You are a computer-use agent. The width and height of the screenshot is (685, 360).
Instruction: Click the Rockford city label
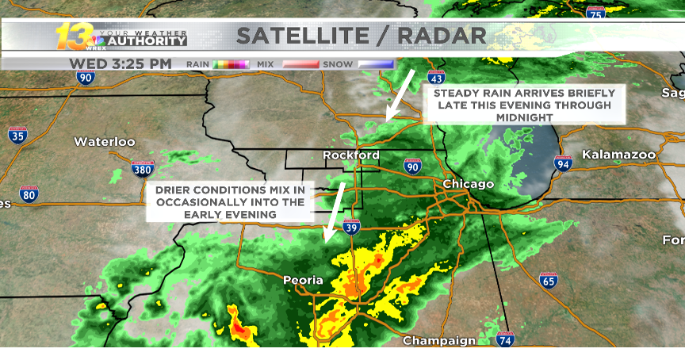click(x=351, y=155)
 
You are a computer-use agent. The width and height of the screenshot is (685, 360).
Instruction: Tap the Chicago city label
click(x=468, y=184)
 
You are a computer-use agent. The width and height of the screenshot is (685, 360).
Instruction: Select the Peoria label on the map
click(x=304, y=280)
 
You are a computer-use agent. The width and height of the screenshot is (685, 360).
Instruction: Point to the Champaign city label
click(x=439, y=341)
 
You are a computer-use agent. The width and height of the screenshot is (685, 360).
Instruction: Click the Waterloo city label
click(x=105, y=142)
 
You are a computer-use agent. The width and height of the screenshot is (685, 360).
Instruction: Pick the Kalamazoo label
click(x=616, y=155)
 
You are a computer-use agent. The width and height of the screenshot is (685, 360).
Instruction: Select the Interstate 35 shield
click(x=17, y=135)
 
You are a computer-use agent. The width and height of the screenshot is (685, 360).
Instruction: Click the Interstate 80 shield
click(x=29, y=193)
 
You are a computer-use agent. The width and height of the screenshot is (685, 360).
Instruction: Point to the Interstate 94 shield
click(x=563, y=164)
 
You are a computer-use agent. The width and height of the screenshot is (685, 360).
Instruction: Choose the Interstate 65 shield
click(x=548, y=280)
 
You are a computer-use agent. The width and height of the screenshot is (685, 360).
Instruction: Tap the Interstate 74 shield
click(x=505, y=340)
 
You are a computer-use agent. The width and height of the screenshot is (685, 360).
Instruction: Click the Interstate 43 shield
click(x=435, y=78)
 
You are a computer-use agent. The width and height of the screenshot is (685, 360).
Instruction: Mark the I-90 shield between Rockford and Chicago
click(x=411, y=166)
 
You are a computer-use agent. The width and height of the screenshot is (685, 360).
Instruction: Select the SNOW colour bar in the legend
click(x=376, y=63)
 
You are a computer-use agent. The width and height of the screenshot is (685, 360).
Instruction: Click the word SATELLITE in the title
click(x=300, y=36)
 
